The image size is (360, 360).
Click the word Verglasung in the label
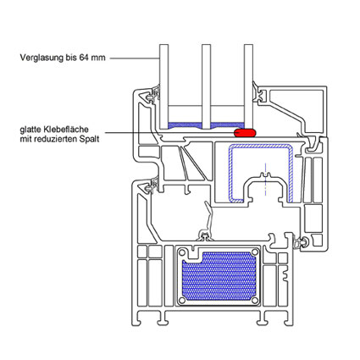[42, 58]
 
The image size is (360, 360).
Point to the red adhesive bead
[245, 132]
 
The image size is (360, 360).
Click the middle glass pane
[206, 86]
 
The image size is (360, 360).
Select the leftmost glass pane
[163, 86]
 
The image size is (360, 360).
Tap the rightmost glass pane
[248, 86]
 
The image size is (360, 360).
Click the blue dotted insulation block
[219, 278]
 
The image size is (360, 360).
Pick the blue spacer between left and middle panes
[185, 126]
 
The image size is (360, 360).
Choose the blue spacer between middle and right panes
[227, 125]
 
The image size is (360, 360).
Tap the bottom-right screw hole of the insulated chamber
[255, 301]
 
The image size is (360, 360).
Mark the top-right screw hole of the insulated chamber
[255, 252]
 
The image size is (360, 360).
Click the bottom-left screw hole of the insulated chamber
[183, 301]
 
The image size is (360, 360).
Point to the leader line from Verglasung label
[135, 58]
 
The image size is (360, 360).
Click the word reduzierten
[58, 139]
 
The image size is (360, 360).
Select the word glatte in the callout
[30, 130]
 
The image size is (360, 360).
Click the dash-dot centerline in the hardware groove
[265, 180]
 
